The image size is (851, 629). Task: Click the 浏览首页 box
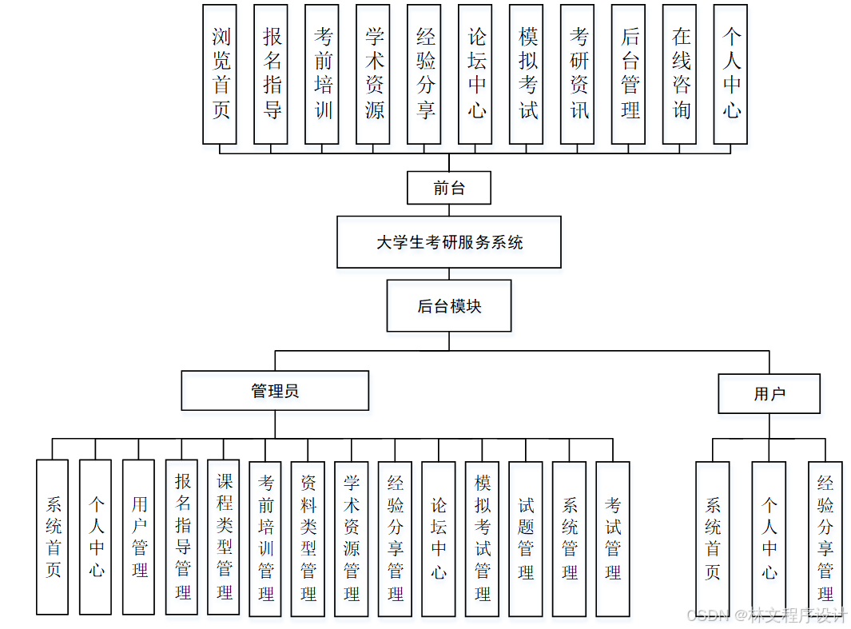pyautogui.click(x=220, y=74)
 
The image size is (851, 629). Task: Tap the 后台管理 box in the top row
pyautogui.click(x=629, y=74)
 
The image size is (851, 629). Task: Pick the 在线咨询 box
pyautogui.click(x=680, y=74)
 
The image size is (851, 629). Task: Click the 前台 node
pyautogui.click(x=449, y=189)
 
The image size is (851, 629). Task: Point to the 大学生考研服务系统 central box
pyautogui.click(x=449, y=241)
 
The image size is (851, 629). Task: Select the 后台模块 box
pyautogui.click(x=449, y=305)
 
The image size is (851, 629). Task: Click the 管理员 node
pyautogui.click(x=275, y=391)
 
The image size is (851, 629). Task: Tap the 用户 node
pyautogui.click(x=769, y=393)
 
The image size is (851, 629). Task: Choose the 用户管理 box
pyautogui.click(x=139, y=537)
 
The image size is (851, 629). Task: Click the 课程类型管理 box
pyautogui.click(x=224, y=537)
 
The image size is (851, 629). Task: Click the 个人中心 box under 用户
pyautogui.click(x=769, y=537)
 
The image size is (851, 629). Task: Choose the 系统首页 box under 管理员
pyautogui.click(x=53, y=537)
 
